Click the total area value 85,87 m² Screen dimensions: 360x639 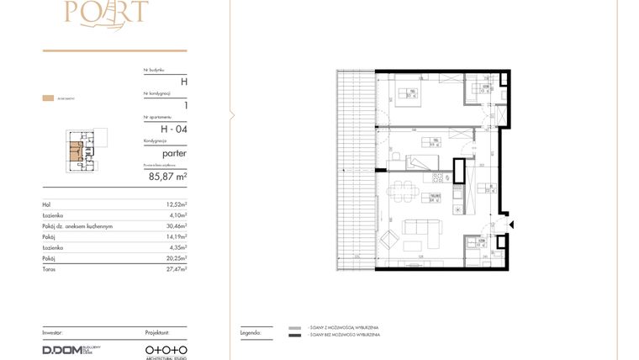click(167, 177)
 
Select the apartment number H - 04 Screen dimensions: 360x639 click(172, 129)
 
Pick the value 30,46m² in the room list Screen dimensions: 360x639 click(175, 226)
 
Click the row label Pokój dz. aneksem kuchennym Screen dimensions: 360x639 click(77, 226)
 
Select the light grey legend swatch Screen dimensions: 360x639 click(294, 328)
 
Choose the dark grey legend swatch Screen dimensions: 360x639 click(294, 336)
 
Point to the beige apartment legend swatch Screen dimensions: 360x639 click(48, 98)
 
